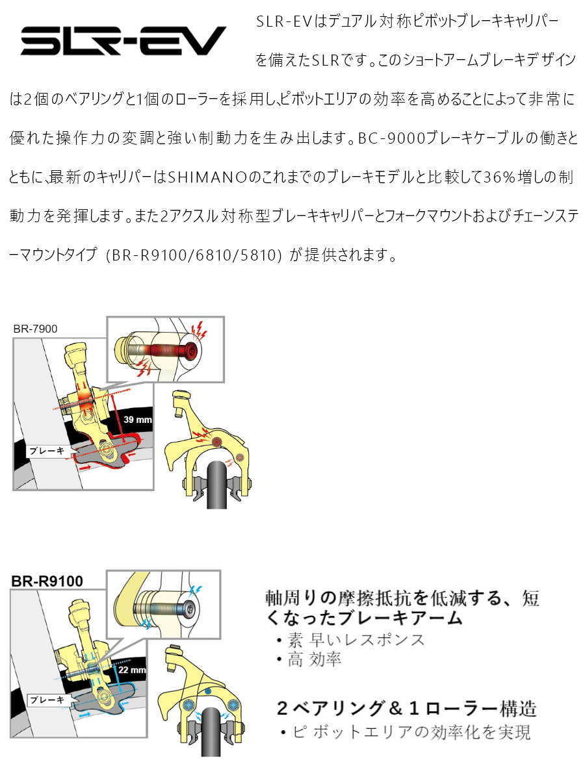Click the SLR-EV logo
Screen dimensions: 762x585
pos(123,40)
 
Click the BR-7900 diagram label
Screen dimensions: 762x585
pos(35,329)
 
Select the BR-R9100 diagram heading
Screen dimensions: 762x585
pos(47,581)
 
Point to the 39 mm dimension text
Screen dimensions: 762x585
pos(138,420)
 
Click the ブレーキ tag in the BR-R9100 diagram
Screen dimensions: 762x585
pos(47,700)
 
